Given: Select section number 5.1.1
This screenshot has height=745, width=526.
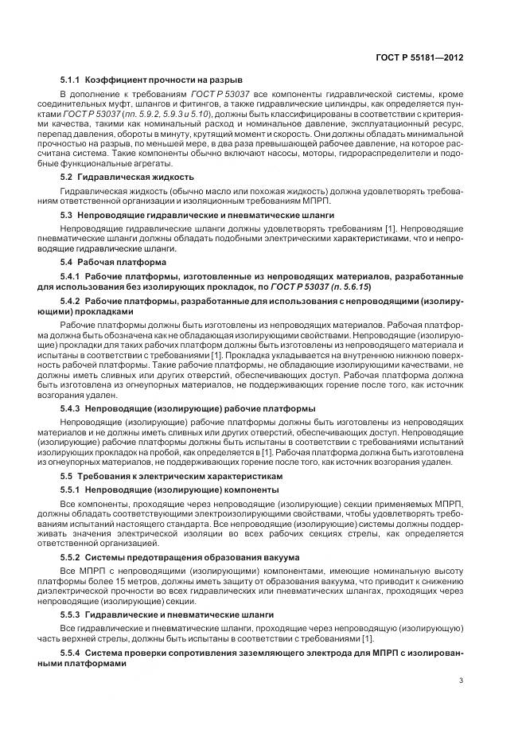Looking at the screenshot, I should (x=72, y=80).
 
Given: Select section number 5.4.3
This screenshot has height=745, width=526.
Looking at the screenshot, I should (x=72, y=408).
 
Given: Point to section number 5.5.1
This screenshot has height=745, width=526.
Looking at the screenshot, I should (x=72, y=490).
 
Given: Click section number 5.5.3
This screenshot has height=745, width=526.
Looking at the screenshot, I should (x=72, y=615).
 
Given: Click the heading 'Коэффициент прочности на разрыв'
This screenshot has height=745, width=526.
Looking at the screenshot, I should (x=164, y=80).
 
